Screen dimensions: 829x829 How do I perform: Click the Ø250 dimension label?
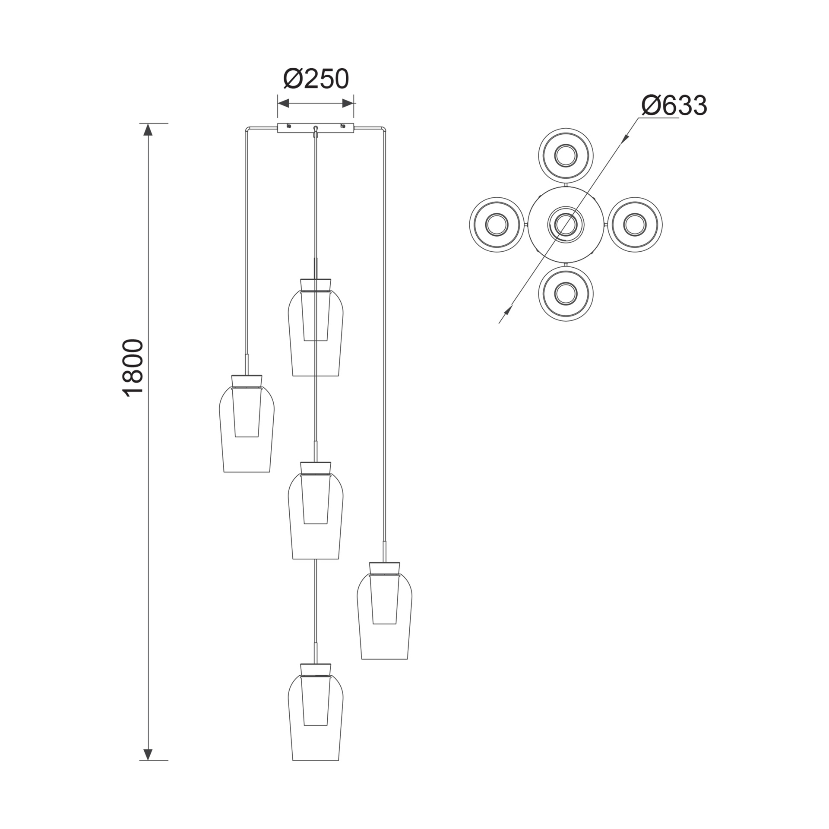(316, 79)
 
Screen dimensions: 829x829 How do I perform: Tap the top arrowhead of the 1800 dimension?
(148, 130)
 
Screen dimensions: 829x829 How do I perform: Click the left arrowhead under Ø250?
(284, 103)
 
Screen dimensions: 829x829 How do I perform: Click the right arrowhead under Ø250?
(348, 103)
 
